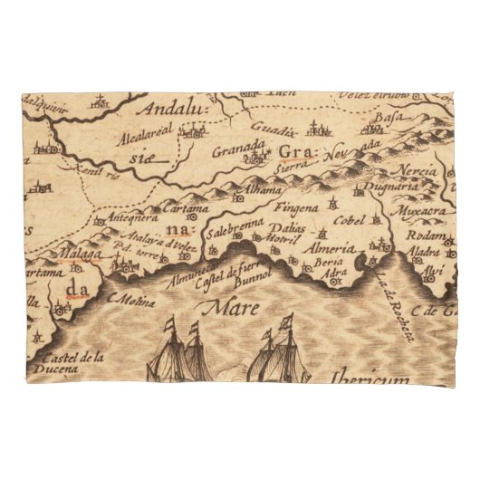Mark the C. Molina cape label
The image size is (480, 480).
pos(127,296)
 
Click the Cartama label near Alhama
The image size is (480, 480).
pos(186,208)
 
